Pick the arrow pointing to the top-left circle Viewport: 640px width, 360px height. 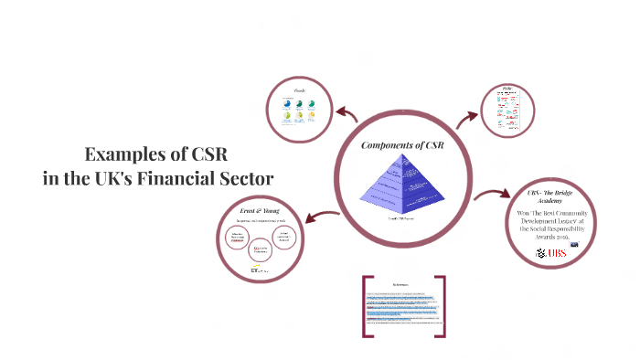(x=347, y=114)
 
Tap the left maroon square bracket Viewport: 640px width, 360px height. (x=368, y=306)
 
